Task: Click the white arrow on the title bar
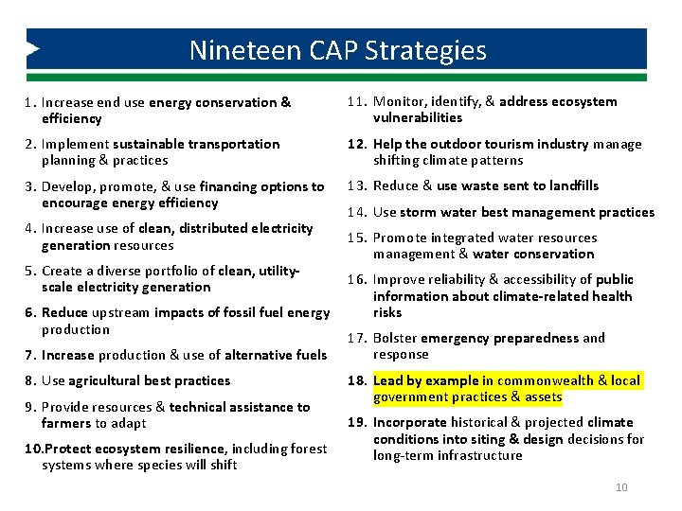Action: pyautogui.click(x=32, y=48)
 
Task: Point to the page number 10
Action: pyautogui.click(x=621, y=487)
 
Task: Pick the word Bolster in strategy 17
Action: pyautogui.click(x=395, y=338)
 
